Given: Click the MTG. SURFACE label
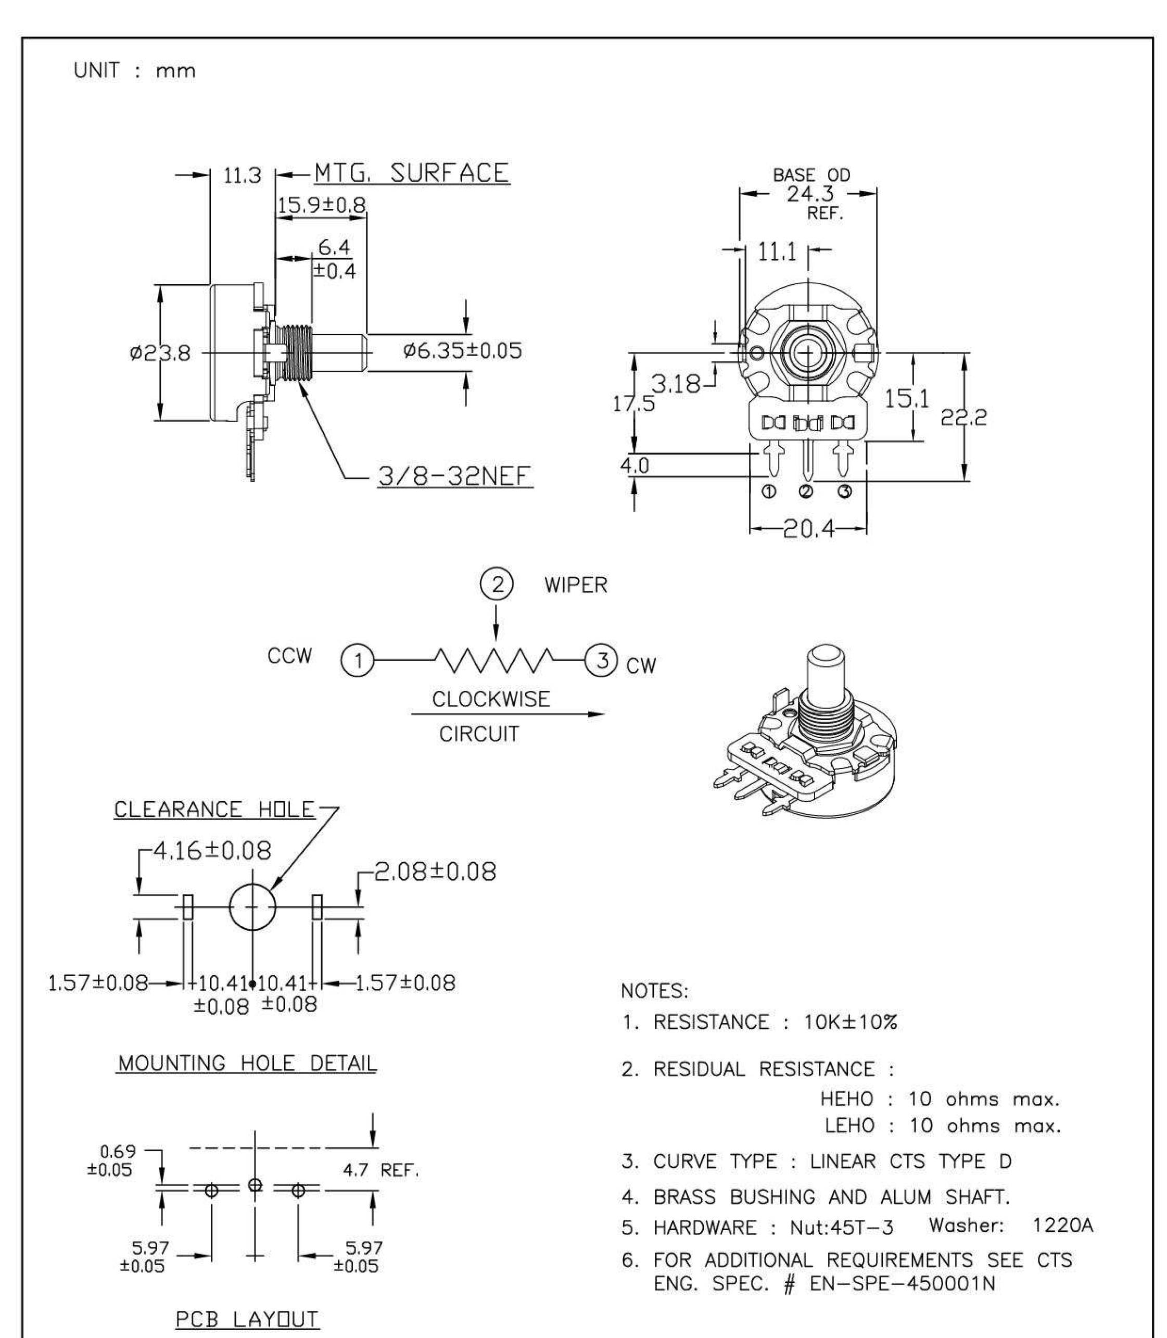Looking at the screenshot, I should coord(412,173).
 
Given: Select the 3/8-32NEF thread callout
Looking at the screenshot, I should coord(454,476).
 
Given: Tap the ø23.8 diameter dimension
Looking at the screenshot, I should coord(160,354).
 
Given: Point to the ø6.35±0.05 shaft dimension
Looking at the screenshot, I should coord(462,351).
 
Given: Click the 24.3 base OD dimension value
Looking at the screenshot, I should coord(809,194).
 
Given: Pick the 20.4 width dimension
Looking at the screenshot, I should coord(808,529).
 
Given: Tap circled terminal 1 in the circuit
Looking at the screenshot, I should coord(358,661).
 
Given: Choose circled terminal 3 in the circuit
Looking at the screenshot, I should coord(602,660).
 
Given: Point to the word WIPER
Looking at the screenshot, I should coord(576,585).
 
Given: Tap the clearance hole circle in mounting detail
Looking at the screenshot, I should coord(252,907).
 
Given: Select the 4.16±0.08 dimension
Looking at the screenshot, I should coord(212,851).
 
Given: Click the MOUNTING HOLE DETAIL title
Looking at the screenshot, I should coord(247,1064).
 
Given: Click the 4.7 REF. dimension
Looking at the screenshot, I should coord(381,1170).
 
